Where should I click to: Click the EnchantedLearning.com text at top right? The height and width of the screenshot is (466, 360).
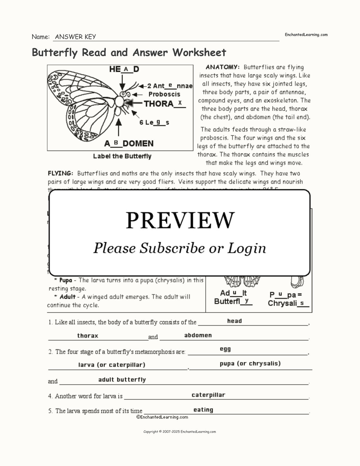306,35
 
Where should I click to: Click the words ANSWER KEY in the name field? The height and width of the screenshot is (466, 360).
75,37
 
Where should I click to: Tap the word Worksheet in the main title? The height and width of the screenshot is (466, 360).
199,52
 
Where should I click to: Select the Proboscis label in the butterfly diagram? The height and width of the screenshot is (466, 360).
164,94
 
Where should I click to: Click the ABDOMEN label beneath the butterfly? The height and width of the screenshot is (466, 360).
129,144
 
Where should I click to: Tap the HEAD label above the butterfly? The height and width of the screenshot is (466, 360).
124,69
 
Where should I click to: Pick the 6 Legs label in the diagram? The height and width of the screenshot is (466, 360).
154,122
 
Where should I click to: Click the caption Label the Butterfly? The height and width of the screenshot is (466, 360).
122,156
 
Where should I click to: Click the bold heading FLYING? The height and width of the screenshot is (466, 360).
60,173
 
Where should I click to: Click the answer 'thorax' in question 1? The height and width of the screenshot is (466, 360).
88,336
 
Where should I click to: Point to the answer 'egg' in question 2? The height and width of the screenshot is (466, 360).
225,349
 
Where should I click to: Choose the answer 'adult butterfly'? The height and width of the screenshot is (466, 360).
122,380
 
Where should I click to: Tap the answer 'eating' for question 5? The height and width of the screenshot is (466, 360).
203,410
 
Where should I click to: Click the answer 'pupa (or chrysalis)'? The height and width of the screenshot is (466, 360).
250,363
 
